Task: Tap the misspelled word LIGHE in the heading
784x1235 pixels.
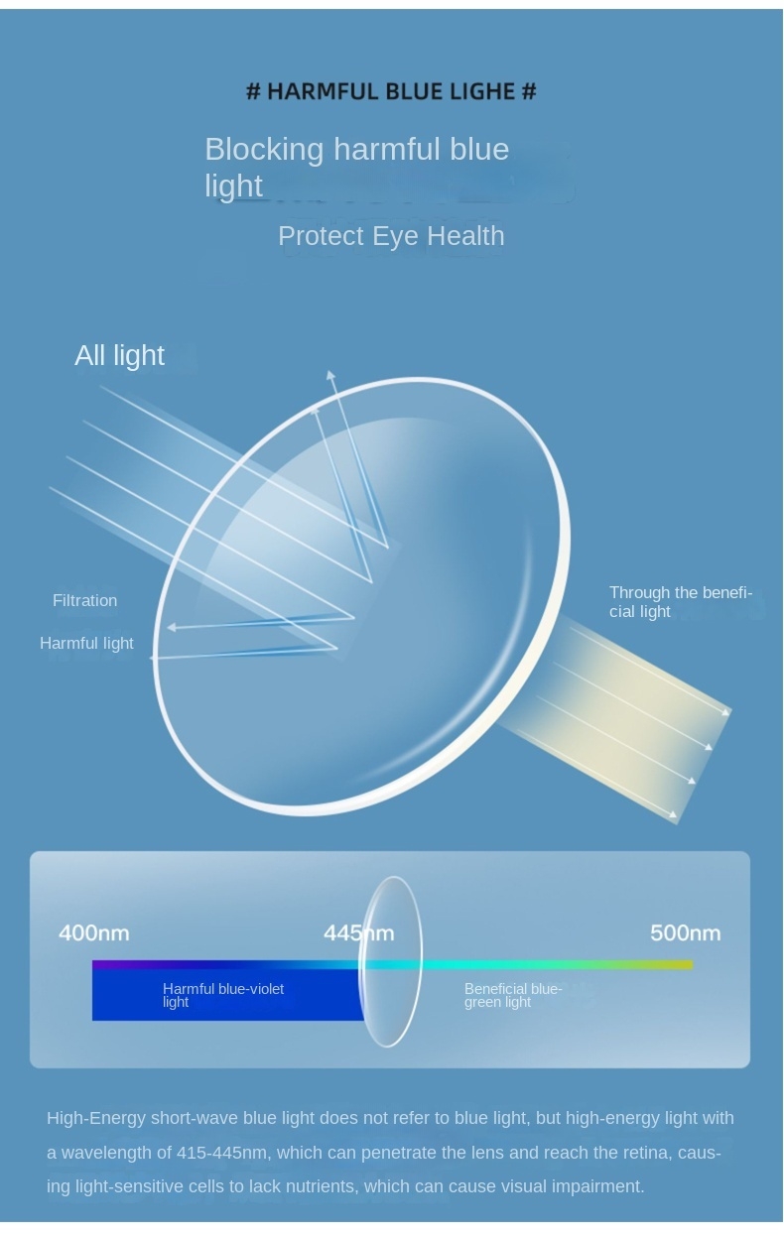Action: click(482, 91)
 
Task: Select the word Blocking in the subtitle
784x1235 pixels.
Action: click(264, 150)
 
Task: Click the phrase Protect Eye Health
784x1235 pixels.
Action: click(391, 236)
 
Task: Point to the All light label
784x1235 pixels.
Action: click(119, 355)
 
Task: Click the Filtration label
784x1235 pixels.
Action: click(85, 600)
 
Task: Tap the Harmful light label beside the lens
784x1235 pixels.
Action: click(86, 643)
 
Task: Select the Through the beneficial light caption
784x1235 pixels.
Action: click(681, 602)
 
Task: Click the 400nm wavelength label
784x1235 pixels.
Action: click(94, 932)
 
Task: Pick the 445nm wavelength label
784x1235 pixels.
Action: click(358, 932)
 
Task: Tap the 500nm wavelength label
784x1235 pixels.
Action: click(685, 932)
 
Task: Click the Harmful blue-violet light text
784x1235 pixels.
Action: click(223, 995)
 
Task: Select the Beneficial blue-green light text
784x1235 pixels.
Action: click(513, 995)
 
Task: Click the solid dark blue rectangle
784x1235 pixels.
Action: click(227, 995)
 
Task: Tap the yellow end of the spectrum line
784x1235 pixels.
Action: click(684, 964)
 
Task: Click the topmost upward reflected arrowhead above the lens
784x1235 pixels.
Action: click(330, 375)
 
